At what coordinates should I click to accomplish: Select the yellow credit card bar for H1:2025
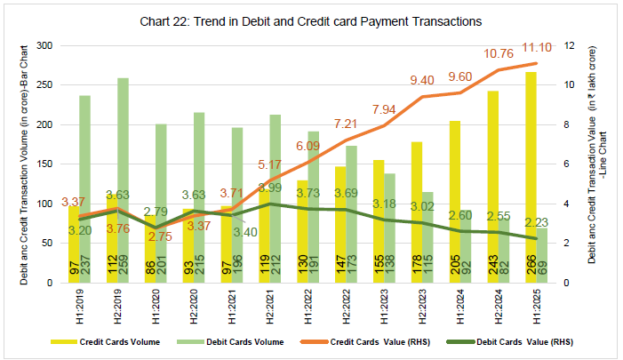[530, 178]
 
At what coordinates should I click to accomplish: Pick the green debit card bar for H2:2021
[275, 196]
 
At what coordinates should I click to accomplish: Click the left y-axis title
[24, 164]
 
